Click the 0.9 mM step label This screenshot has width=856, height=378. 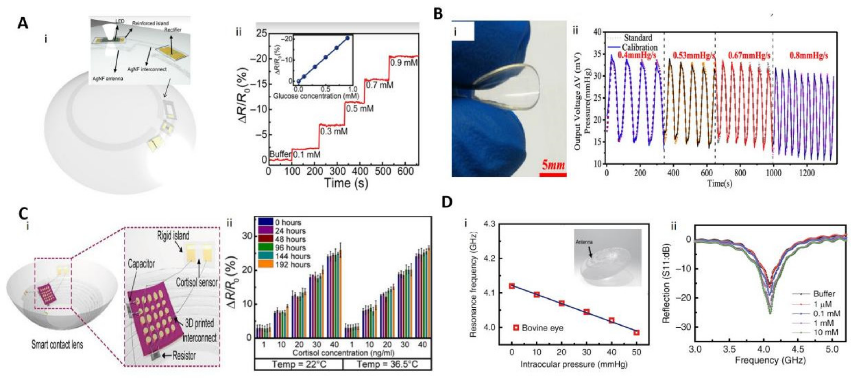pyautogui.click(x=403, y=62)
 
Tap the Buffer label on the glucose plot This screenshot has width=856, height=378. pyautogui.click(x=280, y=154)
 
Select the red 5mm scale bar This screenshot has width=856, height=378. pyautogui.click(x=553, y=175)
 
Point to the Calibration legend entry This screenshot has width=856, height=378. pyautogui.click(x=639, y=47)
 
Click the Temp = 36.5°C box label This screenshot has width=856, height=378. pyautogui.click(x=387, y=364)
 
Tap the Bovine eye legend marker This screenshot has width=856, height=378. pyautogui.click(x=516, y=328)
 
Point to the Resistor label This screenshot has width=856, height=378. pyautogui.click(x=184, y=356)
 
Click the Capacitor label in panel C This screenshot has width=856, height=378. pyautogui.click(x=141, y=264)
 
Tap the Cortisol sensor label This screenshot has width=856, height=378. pyautogui.click(x=196, y=283)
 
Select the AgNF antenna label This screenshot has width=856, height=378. pyautogui.click(x=107, y=78)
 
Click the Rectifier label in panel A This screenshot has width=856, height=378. pyautogui.click(x=173, y=30)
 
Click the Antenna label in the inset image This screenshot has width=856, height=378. pyautogui.click(x=584, y=242)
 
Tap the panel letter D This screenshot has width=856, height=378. pyautogui.click(x=447, y=202)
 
